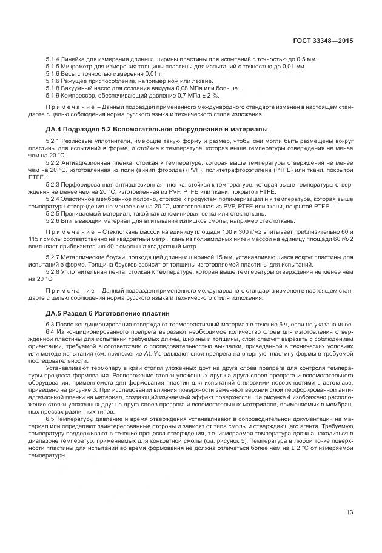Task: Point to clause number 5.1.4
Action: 52,59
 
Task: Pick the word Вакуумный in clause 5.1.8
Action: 76,88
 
